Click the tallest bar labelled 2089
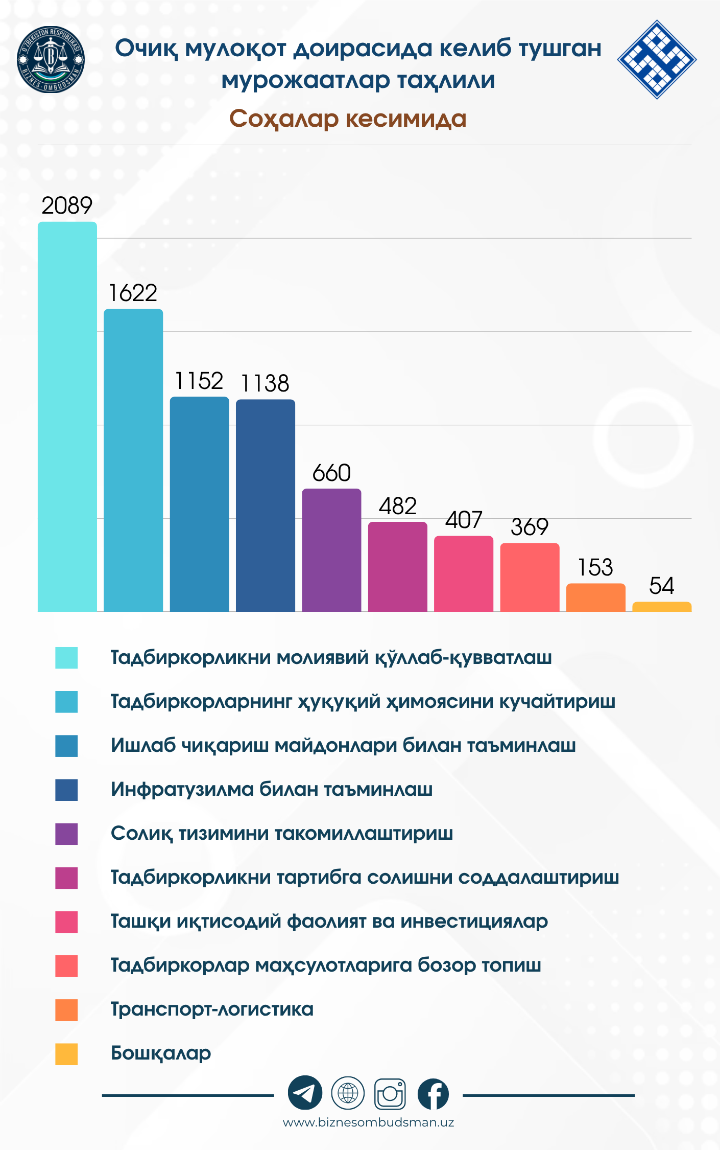pos(67,417)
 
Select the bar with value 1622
pos(133,460)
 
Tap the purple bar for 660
pos(331,550)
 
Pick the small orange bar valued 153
pos(595,597)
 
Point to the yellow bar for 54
pos(662,607)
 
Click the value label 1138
pos(265,383)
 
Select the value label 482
pos(398,506)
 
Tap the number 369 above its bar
pos(530,527)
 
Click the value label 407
pos(464,520)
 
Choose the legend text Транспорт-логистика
pos(212,1009)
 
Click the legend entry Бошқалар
pos(161,1053)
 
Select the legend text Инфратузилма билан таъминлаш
pos(272,790)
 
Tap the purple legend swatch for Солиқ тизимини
pos(66,834)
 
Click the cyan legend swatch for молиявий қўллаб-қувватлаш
pos(66,658)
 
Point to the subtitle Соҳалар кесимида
pos(348,119)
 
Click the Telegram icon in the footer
pos(305,1093)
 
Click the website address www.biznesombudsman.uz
pos(368,1122)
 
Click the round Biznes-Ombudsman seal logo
pos(51,60)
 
